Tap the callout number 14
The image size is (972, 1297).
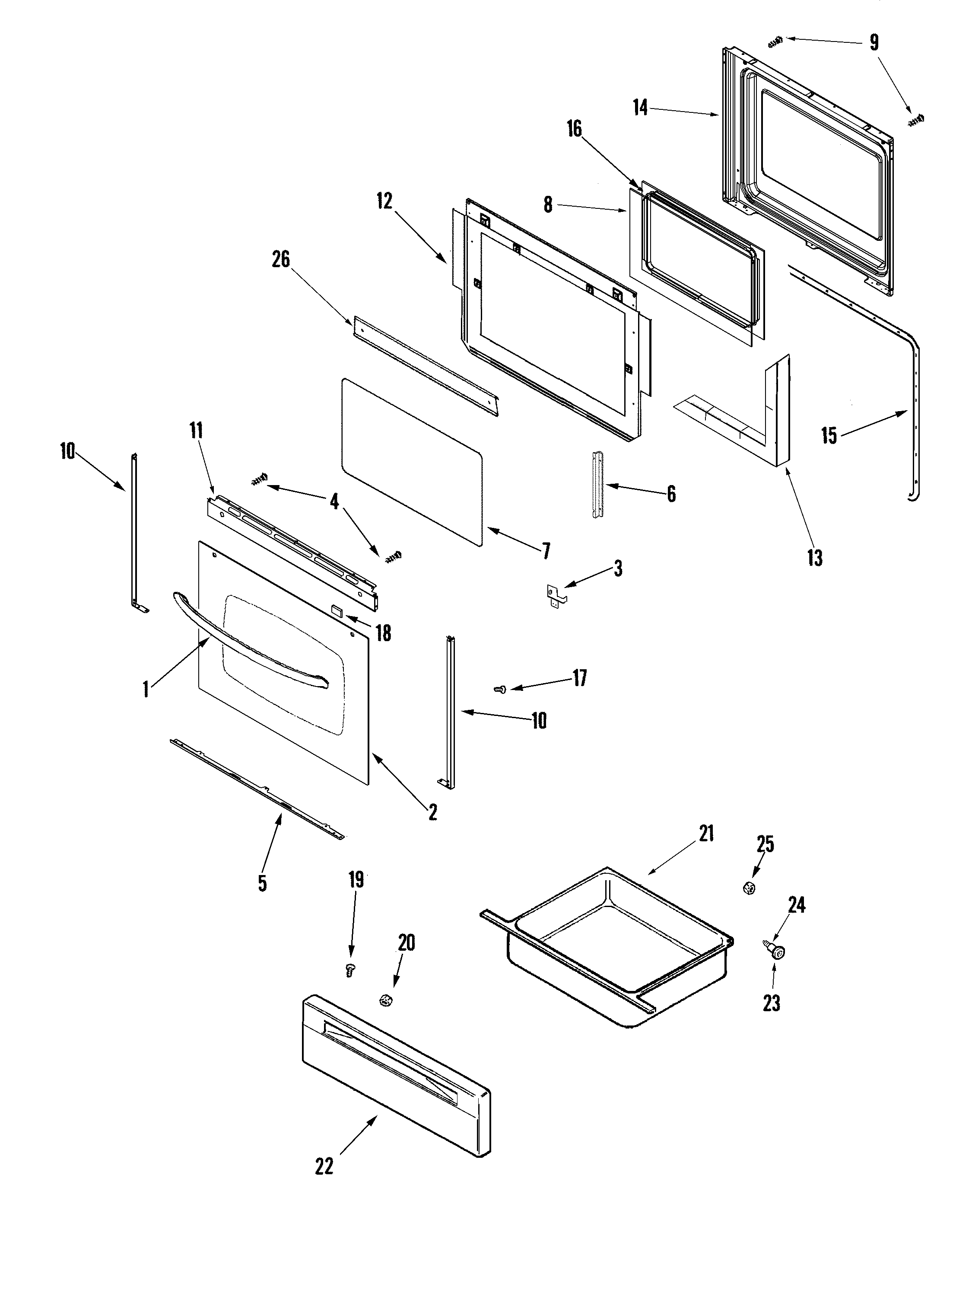[640, 107]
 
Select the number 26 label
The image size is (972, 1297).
[281, 259]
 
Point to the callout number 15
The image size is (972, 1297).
[829, 436]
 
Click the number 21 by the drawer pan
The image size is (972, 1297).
[707, 833]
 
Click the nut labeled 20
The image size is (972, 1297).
[385, 1002]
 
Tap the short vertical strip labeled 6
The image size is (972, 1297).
[597, 484]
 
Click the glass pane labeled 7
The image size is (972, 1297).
[410, 457]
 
